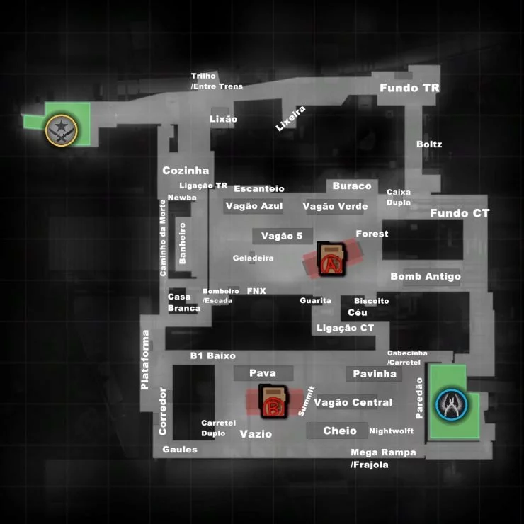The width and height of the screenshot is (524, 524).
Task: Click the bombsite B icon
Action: (272, 402)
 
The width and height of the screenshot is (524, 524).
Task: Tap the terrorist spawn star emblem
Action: (61, 128)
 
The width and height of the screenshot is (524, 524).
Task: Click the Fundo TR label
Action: (409, 89)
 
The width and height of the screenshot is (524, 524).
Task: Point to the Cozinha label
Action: (186, 171)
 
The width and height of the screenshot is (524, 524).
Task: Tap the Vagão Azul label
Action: (254, 207)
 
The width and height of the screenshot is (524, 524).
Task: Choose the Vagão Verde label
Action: (335, 207)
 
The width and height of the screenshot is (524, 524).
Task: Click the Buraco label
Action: (351, 186)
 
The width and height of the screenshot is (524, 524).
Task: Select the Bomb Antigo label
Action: (425, 276)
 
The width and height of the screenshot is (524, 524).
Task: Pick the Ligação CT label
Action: (345, 328)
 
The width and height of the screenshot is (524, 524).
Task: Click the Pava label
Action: (262, 373)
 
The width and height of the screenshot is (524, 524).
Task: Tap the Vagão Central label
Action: (353, 402)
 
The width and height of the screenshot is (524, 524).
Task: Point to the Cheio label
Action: (340, 431)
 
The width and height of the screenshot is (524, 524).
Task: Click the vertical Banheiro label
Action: (183, 243)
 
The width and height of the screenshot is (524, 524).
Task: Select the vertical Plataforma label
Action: (145, 360)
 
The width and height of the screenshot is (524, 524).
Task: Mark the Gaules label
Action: (180, 450)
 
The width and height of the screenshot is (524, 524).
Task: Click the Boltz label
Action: (429, 144)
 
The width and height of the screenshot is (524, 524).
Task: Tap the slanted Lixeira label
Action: (290, 118)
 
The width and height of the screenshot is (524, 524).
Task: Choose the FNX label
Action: (256, 291)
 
